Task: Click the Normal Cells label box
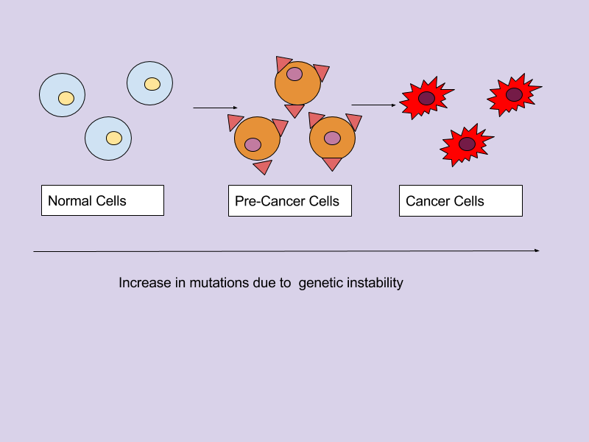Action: [x=102, y=200]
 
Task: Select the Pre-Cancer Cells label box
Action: [x=289, y=201]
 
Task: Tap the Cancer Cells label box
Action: [x=460, y=200]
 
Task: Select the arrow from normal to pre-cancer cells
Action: [x=215, y=108]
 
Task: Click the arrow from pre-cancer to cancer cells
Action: [x=373, y=105]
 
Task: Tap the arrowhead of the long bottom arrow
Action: [x=537, y=251]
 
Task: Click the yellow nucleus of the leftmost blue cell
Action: [x=66, y=98]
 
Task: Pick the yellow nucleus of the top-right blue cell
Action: [x=152, y=84]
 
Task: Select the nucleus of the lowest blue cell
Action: [x=113, y=138]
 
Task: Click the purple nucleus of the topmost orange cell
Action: [x=294, y=74]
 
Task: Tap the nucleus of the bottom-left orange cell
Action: [x=253, y=144]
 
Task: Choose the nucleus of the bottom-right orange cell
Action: [x=332, y=138]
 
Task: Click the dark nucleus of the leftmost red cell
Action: [x=426, y=98]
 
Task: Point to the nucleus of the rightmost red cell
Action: [x=514, y=94]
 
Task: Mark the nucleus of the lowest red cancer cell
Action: [x=467, y=144]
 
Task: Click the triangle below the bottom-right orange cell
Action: [x=333, y=164]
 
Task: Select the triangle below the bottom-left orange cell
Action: [x=263, y=167]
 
